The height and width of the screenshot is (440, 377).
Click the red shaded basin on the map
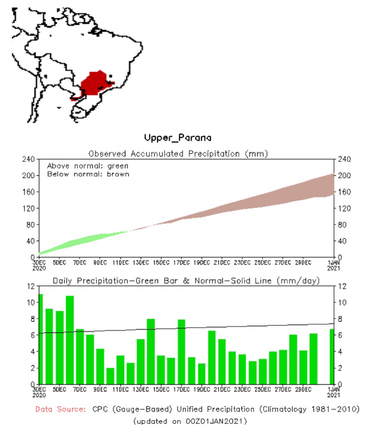(x=95, y=82)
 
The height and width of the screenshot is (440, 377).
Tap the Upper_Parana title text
(x=178, y=138)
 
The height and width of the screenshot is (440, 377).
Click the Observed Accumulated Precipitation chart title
(x=178, y=153)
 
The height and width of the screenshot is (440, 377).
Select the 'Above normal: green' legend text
(x=88, y=165)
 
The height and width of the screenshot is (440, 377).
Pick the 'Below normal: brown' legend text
(x=88, y=174)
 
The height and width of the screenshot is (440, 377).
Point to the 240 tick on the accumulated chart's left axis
(x=29, y=159)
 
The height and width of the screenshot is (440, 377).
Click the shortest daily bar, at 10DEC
(x=110, y=376)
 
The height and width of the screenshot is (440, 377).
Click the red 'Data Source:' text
(x=61, y=409)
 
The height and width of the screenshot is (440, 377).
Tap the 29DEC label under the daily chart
(x=303, y=389)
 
